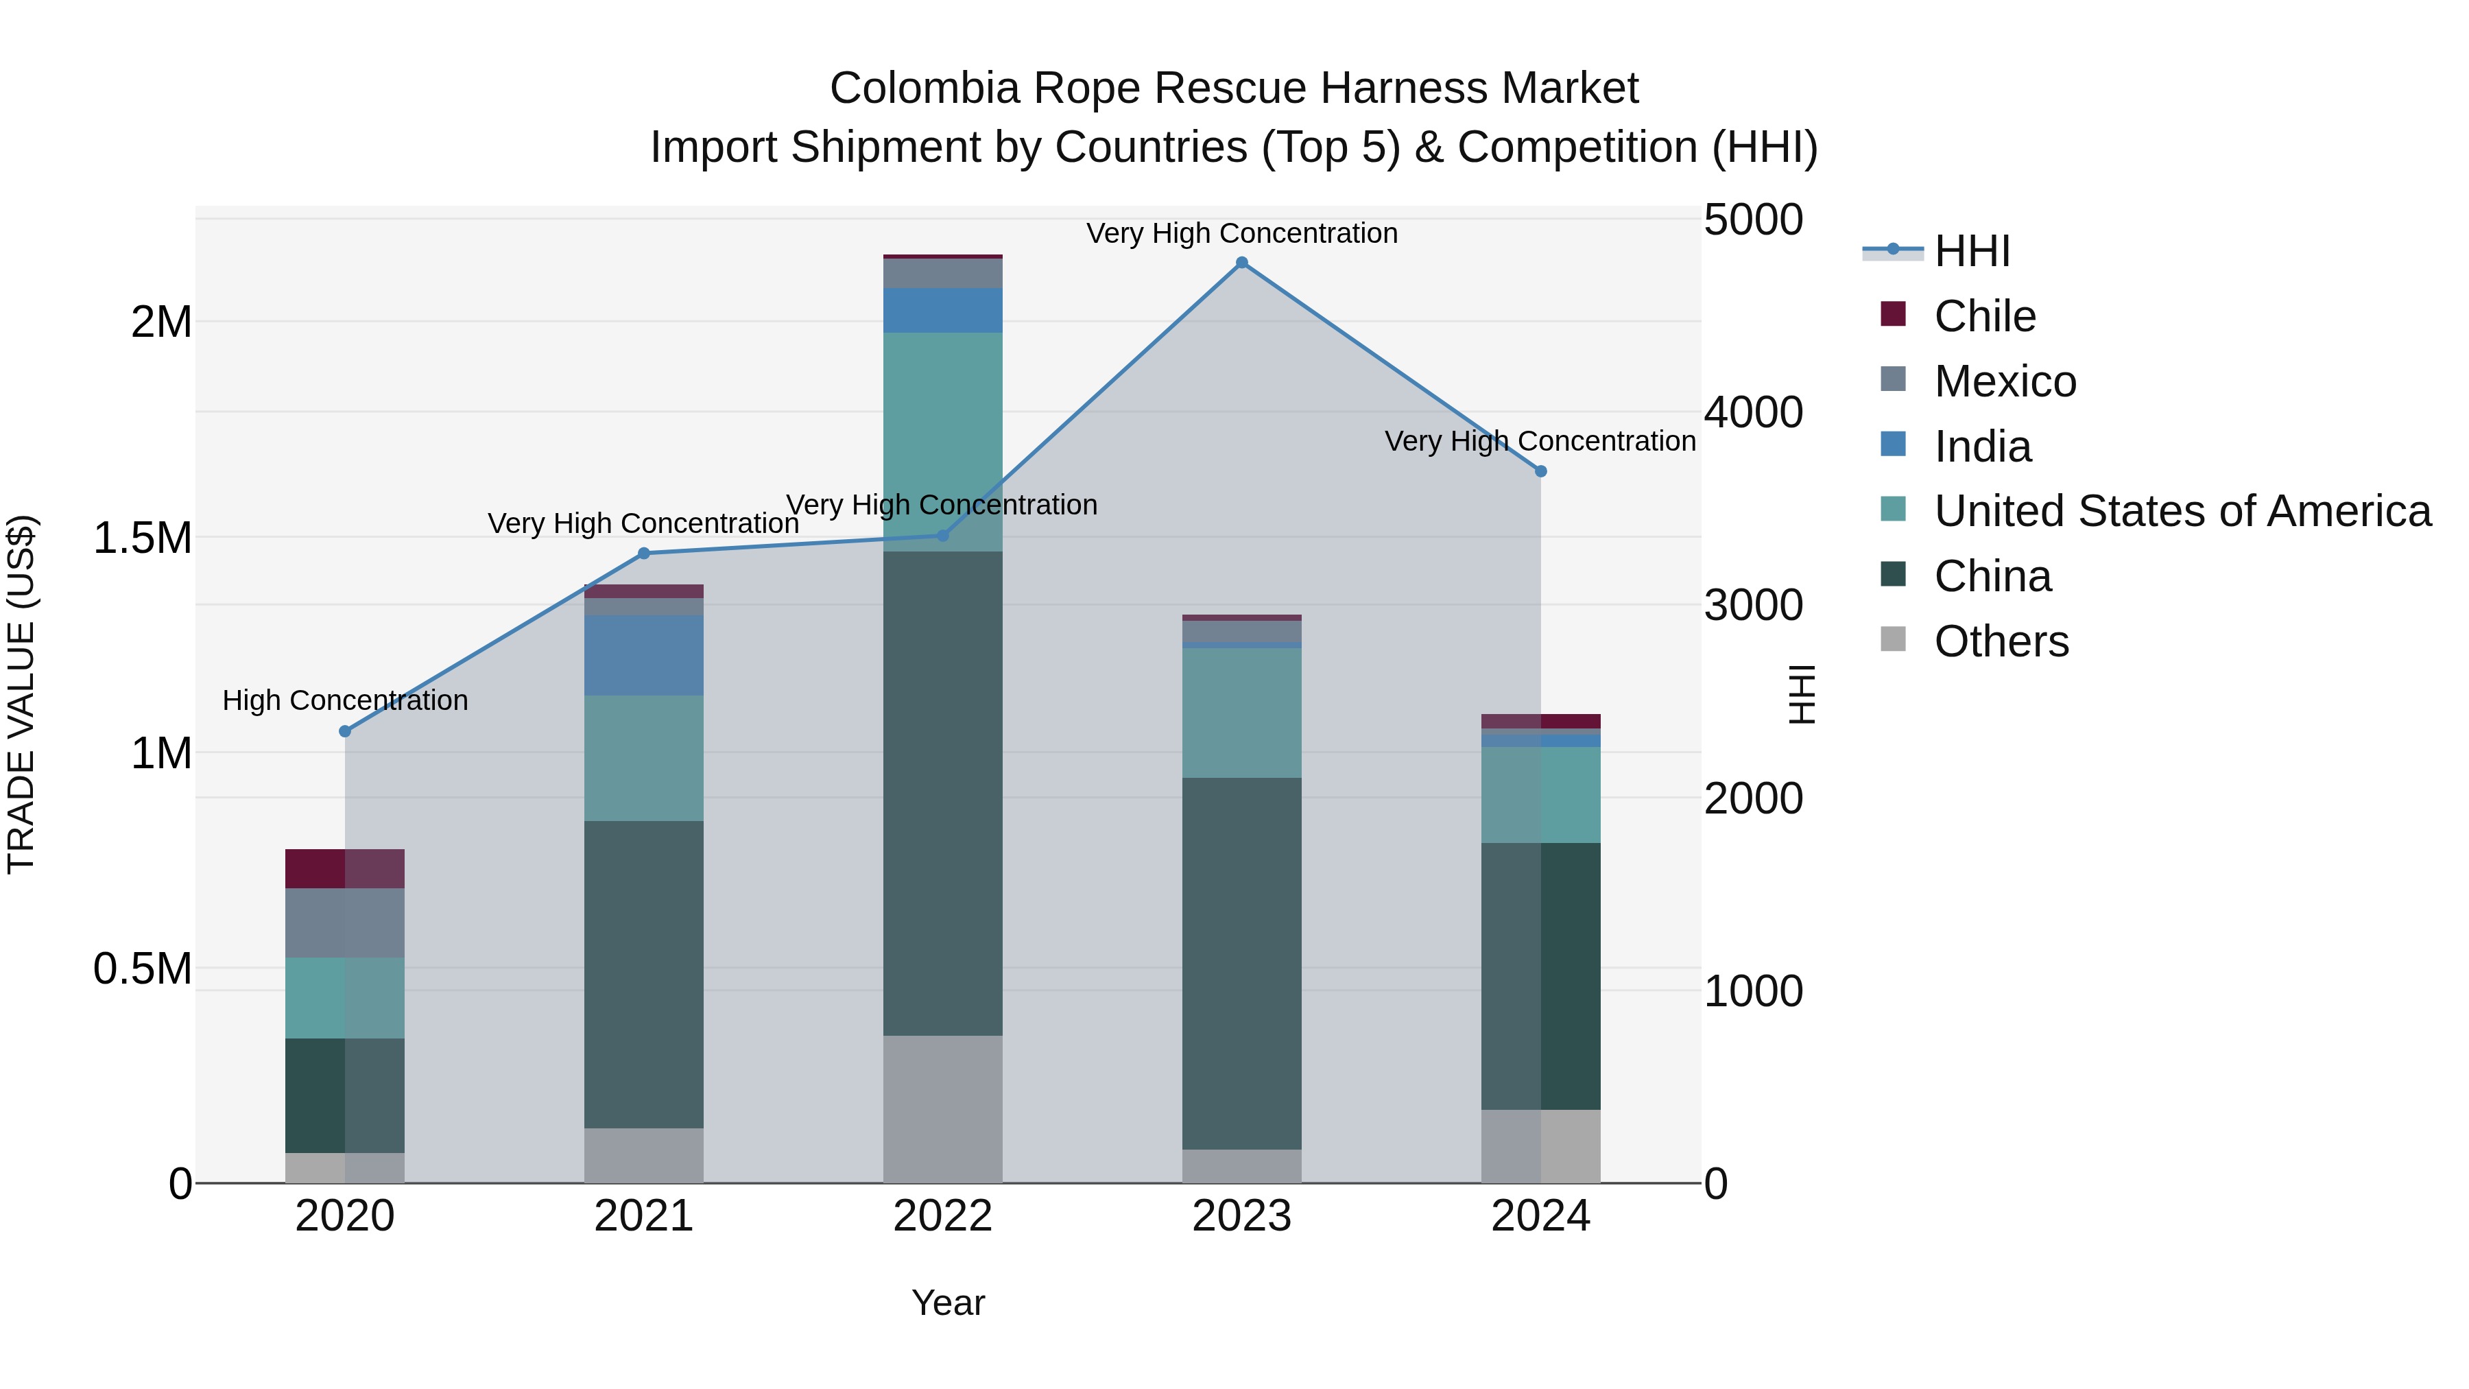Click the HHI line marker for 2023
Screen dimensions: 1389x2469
tap(1241, 263)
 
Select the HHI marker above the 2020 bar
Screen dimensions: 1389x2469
tap(345, 731)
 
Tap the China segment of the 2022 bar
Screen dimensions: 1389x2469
tap(942, 793)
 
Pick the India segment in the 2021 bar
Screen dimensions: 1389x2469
tap(643, 655)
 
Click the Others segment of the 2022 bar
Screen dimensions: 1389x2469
tap(942, 1108)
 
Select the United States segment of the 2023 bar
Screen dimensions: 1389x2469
tap(1241, 712)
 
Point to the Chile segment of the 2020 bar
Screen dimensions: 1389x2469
tap(345, 868)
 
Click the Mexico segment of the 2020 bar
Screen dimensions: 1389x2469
tap(345, 922)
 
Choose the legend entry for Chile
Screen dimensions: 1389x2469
tap(1984, 316)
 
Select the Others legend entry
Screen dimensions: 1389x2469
tap(2001, 641)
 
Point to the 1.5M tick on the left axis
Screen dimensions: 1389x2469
tap(142, 538)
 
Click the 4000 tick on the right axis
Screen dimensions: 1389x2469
tap(1753, 412)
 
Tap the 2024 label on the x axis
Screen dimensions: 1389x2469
tap(1540, 1216)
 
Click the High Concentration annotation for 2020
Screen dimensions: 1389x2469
tap(345, 701)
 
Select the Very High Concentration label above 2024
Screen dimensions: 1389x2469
tap(1540, 441)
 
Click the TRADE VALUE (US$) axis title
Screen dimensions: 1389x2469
tap(21, 694)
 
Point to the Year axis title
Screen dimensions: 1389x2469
tap(948, 1303)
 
